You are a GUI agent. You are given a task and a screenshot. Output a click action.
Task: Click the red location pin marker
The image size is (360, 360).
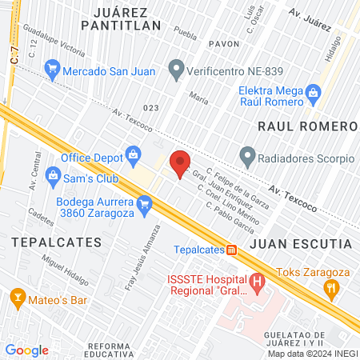[181, 163]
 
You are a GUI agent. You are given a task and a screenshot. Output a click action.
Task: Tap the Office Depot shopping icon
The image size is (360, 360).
[133, 152]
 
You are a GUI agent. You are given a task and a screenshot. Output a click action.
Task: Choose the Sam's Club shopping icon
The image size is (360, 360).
[54, 174]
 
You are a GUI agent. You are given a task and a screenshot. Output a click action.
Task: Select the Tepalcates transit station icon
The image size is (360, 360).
[231, 250]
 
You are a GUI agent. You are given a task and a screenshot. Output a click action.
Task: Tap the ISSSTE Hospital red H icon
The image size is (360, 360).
[257, 282]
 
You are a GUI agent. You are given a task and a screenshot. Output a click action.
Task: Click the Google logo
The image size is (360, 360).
[26, 350]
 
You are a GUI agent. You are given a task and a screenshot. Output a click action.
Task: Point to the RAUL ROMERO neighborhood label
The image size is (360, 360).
[306, 127]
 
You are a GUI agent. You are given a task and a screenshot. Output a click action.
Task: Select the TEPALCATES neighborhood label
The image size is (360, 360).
[56, 240]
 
